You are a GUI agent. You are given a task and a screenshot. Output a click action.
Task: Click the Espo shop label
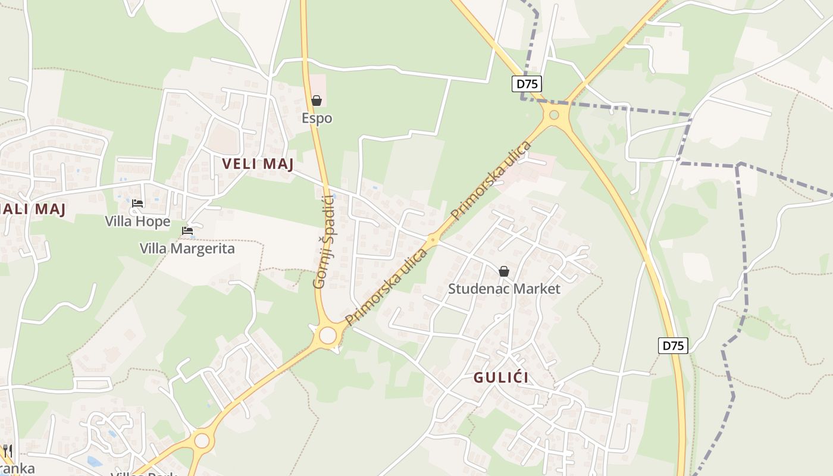[317, 118]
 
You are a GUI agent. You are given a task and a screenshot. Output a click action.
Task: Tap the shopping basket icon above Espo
[317, 101]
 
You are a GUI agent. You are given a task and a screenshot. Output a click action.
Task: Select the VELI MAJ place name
[258, 164]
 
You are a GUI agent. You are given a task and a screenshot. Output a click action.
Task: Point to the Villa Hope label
[137, 221]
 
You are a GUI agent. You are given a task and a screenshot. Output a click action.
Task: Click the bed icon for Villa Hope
[137, 203]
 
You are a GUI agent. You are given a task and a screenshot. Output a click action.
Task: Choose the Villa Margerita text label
[187, 248]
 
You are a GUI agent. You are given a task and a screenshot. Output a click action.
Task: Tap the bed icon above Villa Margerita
[187, 231]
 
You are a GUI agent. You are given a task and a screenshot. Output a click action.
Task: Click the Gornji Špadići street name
[325, 244]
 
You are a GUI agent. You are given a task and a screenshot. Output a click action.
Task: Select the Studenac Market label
[504, 289]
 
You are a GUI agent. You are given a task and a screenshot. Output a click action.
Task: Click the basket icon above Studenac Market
[504, 271]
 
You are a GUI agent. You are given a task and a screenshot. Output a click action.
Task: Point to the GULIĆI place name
[501, 378]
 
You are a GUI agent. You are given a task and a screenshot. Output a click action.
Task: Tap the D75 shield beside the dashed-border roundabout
[527, 84]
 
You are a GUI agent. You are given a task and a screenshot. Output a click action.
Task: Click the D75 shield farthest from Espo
[673, 346]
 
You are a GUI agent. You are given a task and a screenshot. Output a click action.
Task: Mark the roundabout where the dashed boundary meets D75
[555, 115]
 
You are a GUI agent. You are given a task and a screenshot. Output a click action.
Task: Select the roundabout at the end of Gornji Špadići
[328, 335]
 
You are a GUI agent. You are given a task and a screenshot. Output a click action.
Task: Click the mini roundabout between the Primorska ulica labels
[433, 240]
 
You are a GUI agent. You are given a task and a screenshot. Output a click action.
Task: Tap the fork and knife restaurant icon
[7, 451]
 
